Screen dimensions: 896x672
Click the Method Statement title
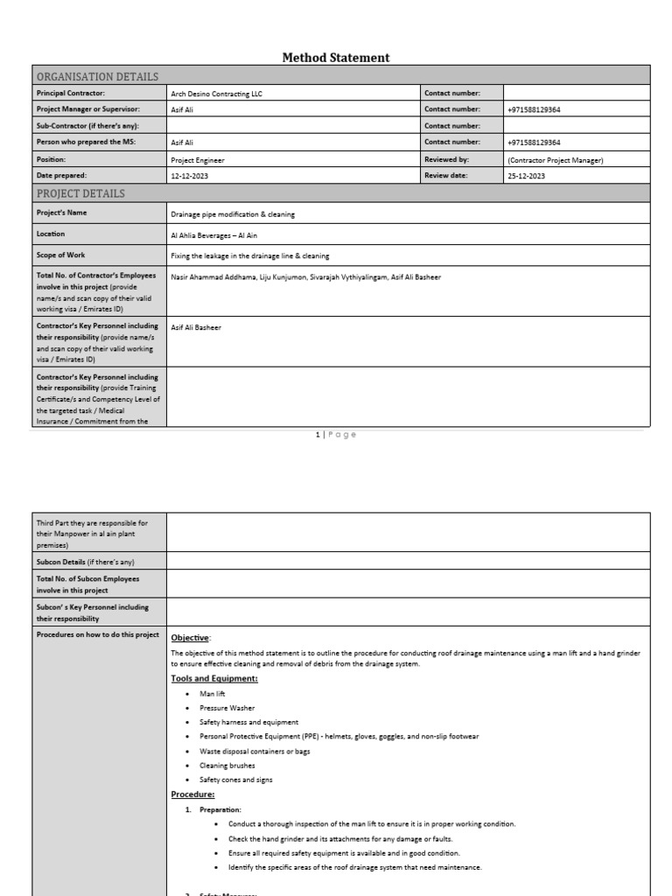(336, 58)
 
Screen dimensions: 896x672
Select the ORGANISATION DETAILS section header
(97, 76)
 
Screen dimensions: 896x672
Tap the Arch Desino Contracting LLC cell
(216, 93)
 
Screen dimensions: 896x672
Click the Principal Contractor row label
(70, 93)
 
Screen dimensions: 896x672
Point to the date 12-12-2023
(190, 176)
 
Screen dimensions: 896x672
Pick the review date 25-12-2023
(526, 176)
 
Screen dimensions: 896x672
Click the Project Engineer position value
(198, 160)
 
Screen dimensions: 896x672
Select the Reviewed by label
(447, 160)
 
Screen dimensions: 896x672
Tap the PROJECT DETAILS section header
(80, 193)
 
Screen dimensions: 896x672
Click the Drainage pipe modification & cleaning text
(233, 213)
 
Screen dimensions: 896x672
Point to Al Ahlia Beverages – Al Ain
(214, 235)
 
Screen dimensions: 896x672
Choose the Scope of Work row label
(62, 255)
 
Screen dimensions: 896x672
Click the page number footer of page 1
(336, 435)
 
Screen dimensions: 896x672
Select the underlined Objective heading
(191, 638)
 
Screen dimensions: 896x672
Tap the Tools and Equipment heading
(213, 678)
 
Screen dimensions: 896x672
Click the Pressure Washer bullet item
(227, 708)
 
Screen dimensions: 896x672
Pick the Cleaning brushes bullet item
(227, 766)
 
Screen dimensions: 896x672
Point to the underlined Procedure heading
(192, 794)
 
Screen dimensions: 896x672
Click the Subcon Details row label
(85, 562)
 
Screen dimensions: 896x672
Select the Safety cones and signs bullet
(236, 780)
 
